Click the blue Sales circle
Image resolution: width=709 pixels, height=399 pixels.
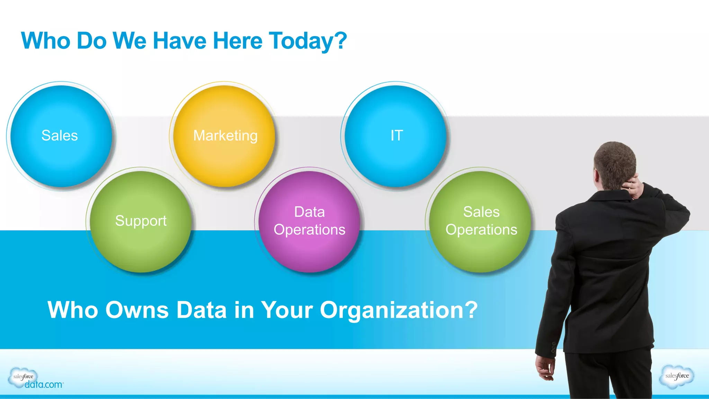[x=61, y=136]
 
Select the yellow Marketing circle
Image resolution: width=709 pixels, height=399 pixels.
[x=224, y=136]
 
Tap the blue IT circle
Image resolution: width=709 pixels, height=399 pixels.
[x=396, y=136]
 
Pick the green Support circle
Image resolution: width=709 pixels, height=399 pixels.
[x=141, y=221]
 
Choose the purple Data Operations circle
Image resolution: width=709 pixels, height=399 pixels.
[x=309, y=221]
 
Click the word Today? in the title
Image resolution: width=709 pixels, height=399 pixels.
[x=308, y=41]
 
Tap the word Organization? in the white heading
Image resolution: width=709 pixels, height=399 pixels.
[x=398, y=310]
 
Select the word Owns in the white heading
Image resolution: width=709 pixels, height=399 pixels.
[x=137, y=310]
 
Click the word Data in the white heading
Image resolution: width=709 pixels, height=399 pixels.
[x=201, y=310]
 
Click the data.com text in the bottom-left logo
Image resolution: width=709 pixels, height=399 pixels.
[x=44, y=385]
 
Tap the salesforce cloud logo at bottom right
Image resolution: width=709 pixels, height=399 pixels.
[x=677, y=376]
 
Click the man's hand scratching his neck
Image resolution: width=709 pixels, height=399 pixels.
[x=635, y=187]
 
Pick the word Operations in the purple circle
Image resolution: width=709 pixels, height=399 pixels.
[x=309, y=230]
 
